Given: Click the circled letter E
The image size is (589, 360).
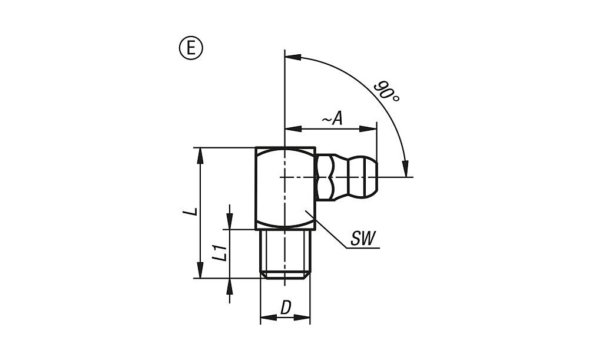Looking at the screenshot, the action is tap(191, 48).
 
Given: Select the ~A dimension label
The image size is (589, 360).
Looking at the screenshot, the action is tap(332, 119).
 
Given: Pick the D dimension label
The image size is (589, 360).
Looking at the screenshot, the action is tap(286, 308).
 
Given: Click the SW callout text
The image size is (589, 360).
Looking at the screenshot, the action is tap(363, 239).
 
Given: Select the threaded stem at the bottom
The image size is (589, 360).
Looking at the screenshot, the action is tap(285, 254).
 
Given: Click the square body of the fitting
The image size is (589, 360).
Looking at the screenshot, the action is tap(286, 189).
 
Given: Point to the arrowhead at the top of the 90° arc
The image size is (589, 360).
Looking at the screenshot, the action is tap(293, 57).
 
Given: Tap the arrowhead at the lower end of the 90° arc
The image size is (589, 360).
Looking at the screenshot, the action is tap(405, 169).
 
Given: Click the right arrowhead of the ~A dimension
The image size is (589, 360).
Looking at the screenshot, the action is tap(368, 129).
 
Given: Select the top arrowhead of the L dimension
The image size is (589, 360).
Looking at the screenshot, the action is tap(201, 156).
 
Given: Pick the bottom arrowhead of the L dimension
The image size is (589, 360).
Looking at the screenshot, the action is tap(201, 270).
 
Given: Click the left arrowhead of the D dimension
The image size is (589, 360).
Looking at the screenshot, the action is tap(268, 318).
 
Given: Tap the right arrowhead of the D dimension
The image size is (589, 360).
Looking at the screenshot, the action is tap(302, 318).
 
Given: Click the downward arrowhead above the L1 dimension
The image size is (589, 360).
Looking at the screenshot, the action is tap(230, 222).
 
